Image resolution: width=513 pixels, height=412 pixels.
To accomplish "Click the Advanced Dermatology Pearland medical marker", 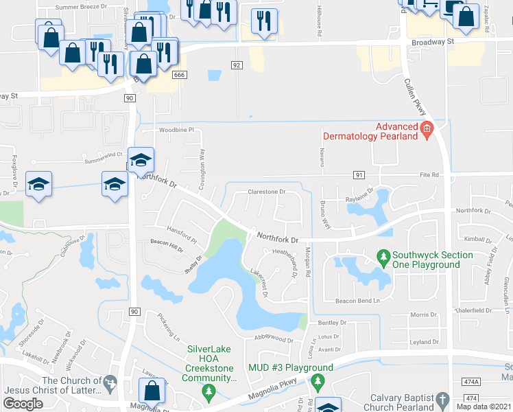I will [427, 128].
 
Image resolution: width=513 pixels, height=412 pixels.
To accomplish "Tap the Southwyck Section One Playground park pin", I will [383, 259].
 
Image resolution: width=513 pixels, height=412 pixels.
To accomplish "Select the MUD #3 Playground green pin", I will [317, 380].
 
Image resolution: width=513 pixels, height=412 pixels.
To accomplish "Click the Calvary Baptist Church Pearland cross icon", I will [442, 399].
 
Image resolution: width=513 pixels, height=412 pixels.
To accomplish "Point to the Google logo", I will [23, 404].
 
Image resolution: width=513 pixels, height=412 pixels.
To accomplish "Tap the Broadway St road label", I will [433, 42].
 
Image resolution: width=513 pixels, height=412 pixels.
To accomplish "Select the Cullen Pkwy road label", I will [418, 99].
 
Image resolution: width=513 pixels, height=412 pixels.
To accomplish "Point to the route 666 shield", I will [180, 74].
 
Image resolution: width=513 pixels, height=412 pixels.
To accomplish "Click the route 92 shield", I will [237, 65].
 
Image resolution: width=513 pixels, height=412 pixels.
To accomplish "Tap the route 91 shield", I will [359, 175].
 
